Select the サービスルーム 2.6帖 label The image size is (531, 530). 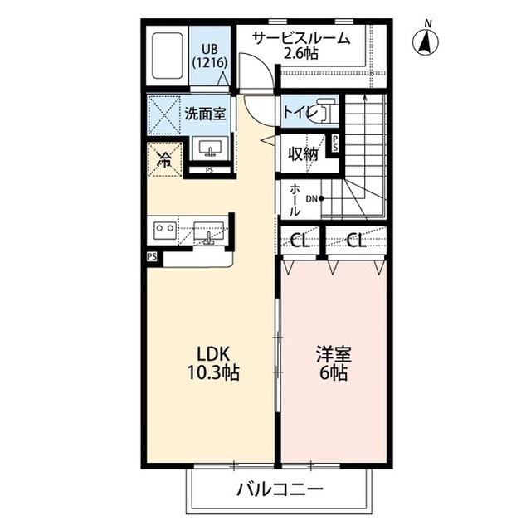(x=301, y=46)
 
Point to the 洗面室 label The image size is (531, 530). (x=204, y=113)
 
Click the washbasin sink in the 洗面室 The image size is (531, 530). (x=208, y=149)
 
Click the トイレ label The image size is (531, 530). (x=297, y=111)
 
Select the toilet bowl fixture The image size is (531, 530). (x=324, y=113)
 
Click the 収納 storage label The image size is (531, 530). (x=303, y=153)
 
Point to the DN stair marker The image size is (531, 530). (x=314, y=198)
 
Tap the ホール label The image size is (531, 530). (x=295, y=200)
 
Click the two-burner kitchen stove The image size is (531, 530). (x=164, y=228)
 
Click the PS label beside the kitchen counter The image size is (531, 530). (x=152, y=257)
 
